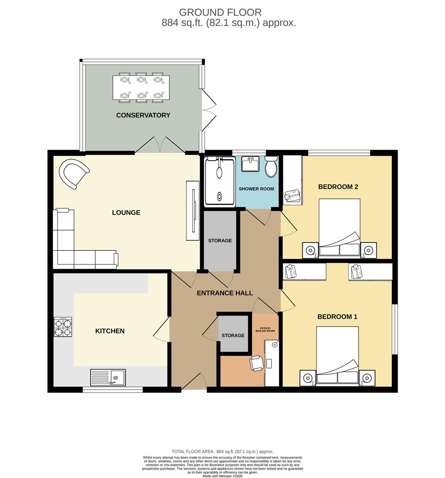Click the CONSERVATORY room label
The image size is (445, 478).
coord(143,115)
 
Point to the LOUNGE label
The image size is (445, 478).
coord(126,212)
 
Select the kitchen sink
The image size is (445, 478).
coord(108,378)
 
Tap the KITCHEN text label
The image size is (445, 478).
coord(110,331)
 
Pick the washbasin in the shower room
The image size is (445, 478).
coord(251,163)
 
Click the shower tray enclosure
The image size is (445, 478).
coord(219,181)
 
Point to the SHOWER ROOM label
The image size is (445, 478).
coord(256,189)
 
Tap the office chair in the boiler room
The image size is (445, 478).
coord(257,363)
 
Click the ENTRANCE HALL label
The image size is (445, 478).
coord(224,293)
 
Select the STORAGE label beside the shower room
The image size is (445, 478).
coord(220,240)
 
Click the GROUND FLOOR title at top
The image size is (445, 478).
coord(220,12)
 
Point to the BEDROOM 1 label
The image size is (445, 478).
coord(337,317)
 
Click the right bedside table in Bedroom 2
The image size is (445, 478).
coord(368,251)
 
